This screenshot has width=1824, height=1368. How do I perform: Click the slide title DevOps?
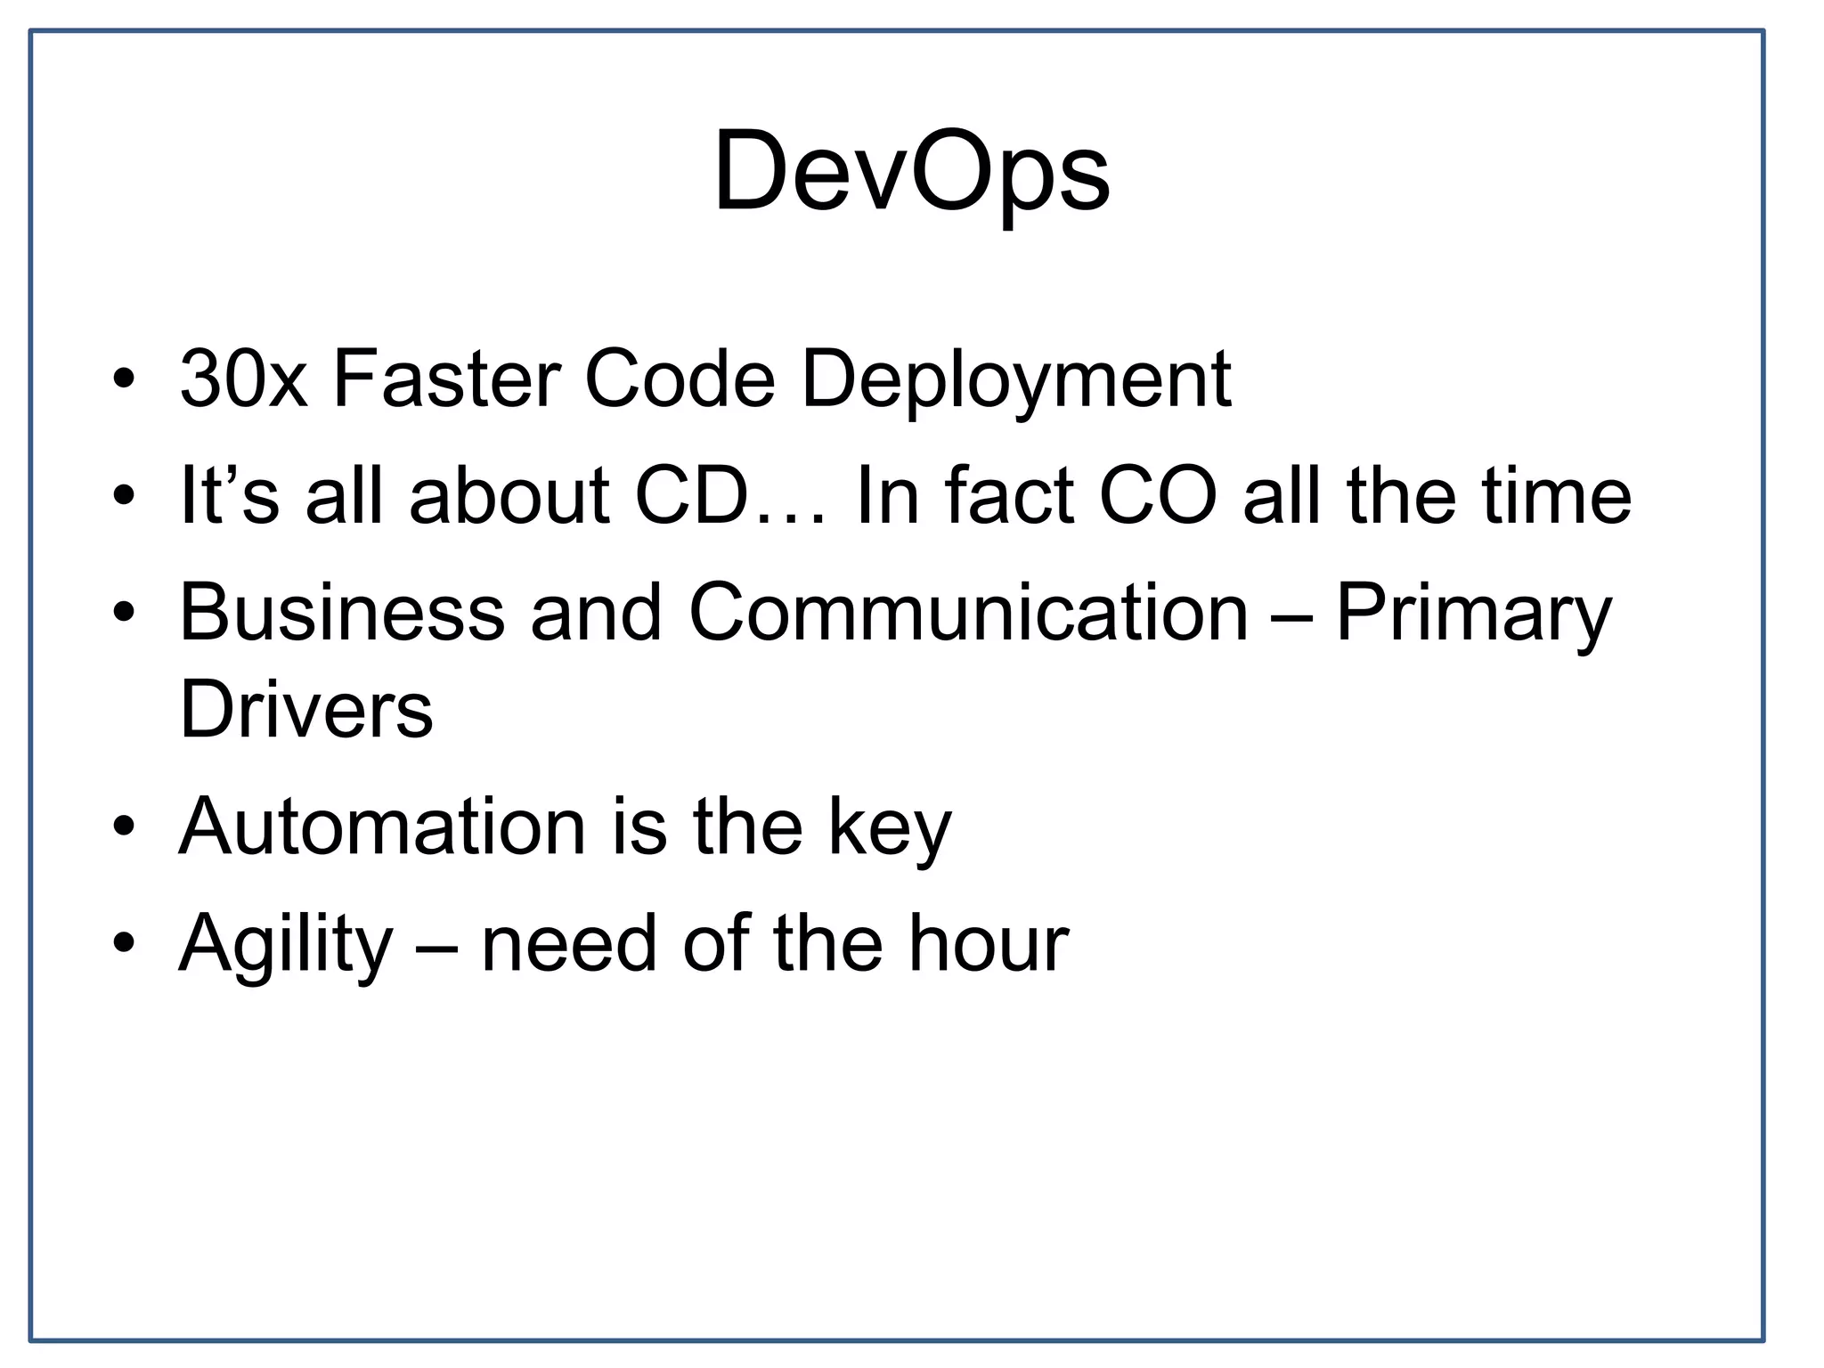[x=911, y=171]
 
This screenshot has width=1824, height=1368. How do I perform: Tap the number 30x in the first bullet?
[x=243, y=379]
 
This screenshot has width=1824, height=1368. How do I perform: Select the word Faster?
[x=446, y=379]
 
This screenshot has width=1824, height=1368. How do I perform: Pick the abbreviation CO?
[x=1158, y=495]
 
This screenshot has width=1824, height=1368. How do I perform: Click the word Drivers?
[x=305, y=710]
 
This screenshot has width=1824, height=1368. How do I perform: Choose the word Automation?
[x=382, y=826]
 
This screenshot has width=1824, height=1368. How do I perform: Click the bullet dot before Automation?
[x=124, y=826]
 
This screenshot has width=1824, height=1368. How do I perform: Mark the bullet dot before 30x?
[x=124, y=379]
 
